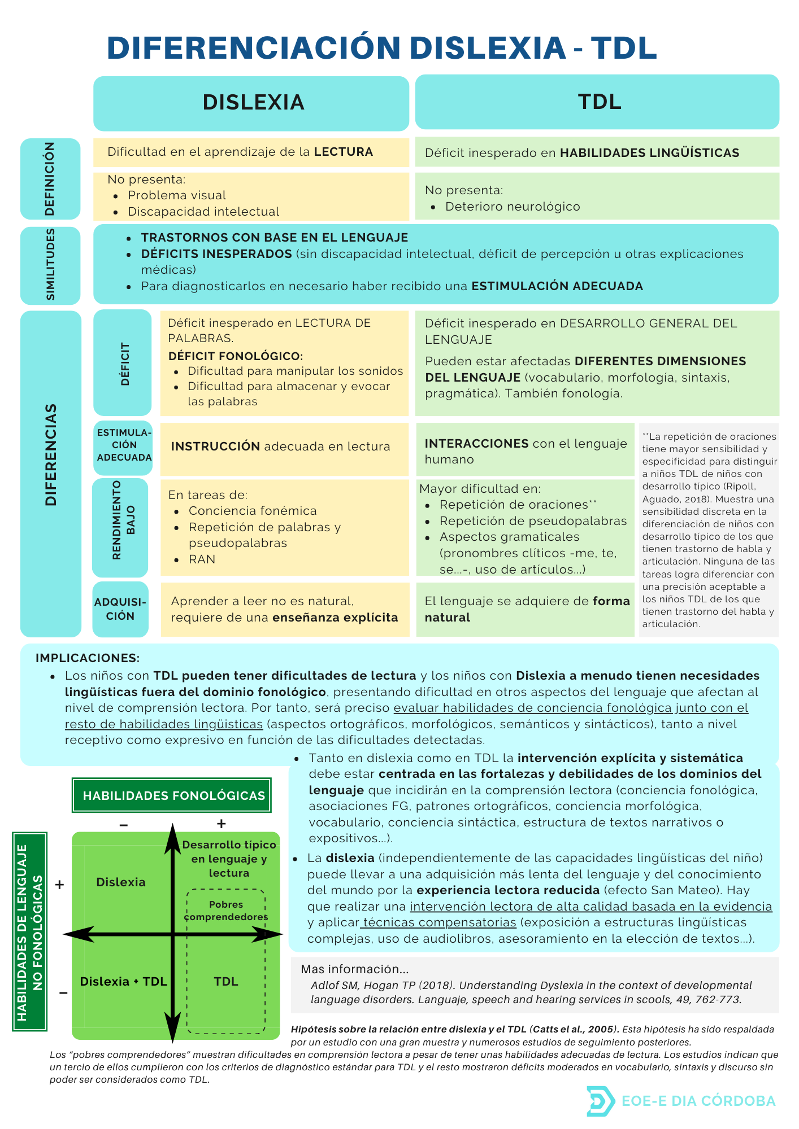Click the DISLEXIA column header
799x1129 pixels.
click(x=253, y=103)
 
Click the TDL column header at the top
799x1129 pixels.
click(x=599, y=102)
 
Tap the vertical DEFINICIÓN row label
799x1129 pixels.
click(x=50, y=178)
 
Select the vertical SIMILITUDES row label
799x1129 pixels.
click(x=50, y=265)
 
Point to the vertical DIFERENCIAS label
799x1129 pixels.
click(x=51, y=454)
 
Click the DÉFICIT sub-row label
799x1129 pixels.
click(x=124, y=364)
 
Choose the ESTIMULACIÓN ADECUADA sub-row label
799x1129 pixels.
click(x=124, y=445)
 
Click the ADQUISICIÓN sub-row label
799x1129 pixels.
click(x=120, y=609)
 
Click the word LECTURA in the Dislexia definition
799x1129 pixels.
click(x=344, y=152)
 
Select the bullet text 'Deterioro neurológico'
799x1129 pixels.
click(x=513, y=207)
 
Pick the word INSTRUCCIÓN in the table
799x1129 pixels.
click(x=215, y=447)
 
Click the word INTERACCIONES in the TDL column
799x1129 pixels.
click(x=476, y=444)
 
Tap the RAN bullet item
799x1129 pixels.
click(x=202, y=559)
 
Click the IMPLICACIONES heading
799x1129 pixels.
click(x=87, y=658)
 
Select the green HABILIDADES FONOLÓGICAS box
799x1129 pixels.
click(x=172, y=795)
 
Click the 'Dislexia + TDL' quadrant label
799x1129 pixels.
click(x=123, y=982)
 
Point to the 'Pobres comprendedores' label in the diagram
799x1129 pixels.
click(x=226, y=911)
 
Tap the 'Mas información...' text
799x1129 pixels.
click(x=354, y=969)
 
